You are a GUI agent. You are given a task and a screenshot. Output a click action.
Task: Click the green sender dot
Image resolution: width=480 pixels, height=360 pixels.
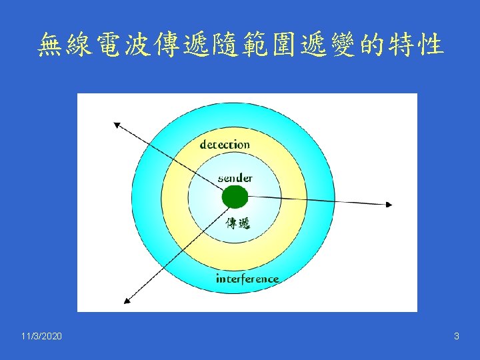(x=235, y=197)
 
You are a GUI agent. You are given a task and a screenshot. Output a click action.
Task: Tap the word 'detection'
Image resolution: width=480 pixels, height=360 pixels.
(x=225, y=144)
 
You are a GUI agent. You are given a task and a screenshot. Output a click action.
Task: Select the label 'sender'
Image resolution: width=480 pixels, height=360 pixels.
(x=235, y=178)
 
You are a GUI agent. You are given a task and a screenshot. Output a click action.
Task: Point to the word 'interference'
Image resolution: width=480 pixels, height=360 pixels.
(x=247, y=279)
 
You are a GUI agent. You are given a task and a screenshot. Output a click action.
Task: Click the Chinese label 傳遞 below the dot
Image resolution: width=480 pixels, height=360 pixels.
(x=238, y=223)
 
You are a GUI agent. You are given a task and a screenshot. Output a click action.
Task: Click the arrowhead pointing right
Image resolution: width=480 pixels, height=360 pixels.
(x=389, y=204)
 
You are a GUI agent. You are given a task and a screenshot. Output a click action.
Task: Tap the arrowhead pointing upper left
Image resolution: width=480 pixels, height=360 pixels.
(x=117, y=124)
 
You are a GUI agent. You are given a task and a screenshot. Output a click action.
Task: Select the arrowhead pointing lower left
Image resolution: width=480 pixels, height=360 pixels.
(x=125, y=300)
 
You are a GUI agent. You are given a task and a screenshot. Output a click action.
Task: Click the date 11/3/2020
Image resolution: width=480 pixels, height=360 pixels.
(x=41, y=337)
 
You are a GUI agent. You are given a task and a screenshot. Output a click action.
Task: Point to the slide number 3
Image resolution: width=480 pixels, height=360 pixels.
(x=456, y=337)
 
